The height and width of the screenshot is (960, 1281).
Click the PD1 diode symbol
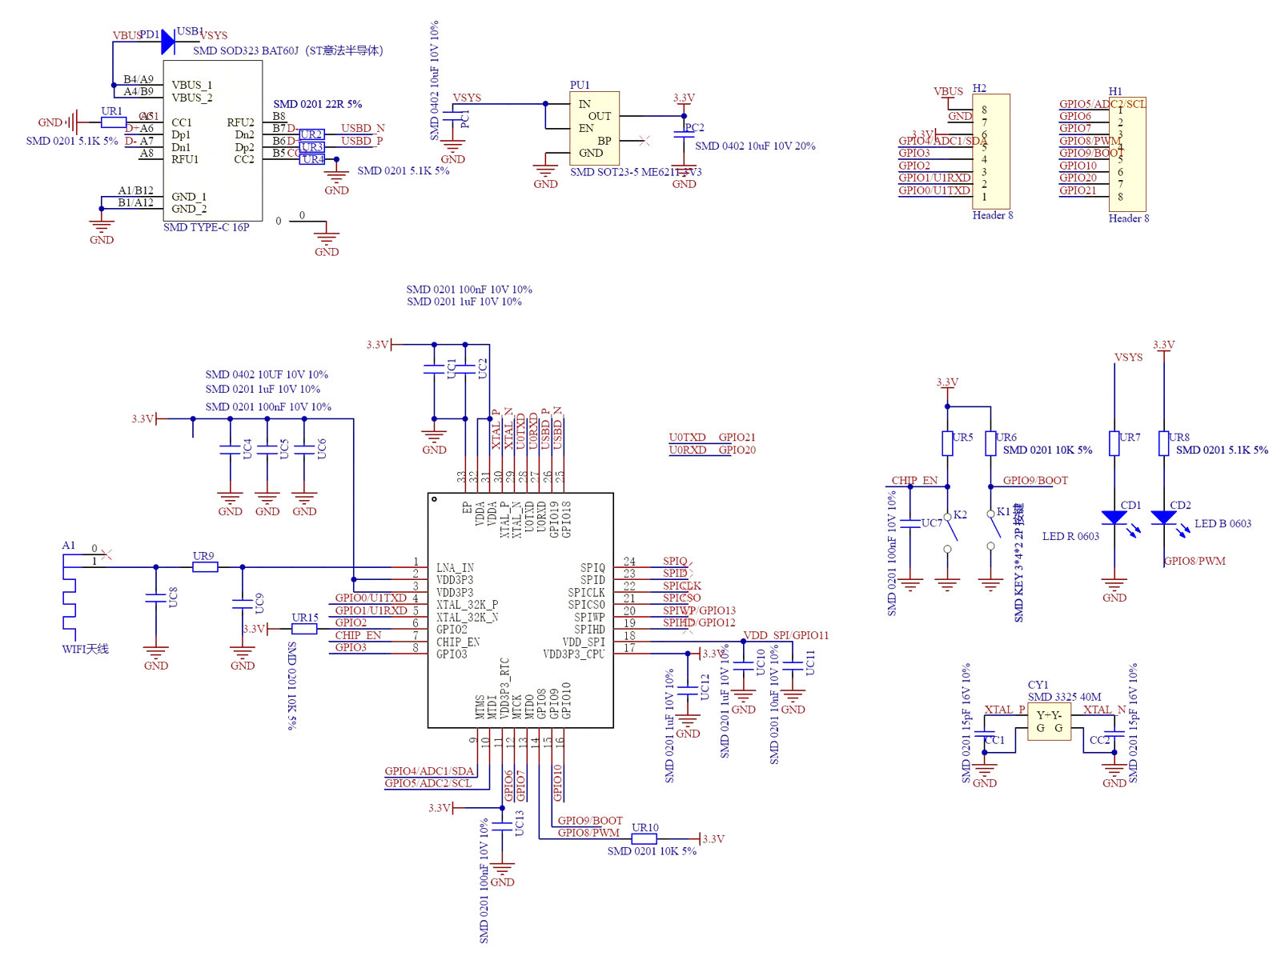[x=167, y=42]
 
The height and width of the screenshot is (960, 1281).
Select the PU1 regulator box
[x=594, y=128]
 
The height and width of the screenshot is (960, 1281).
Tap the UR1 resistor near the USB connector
[x=113, y=122]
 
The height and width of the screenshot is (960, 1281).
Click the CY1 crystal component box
[x=1049, y=722]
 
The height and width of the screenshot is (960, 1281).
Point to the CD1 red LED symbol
[x=1114, y=518]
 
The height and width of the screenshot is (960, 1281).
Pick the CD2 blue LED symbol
[x=1163, y=518]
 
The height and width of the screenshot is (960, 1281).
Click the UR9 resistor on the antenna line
[x=205, y=567]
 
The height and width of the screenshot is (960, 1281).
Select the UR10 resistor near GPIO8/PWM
[x=645, y=839]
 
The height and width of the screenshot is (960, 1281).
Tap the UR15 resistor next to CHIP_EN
[x=304, y=629]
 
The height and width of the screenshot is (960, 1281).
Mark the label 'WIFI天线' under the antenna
[x=85, y=649]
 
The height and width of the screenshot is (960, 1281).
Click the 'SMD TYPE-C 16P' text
[x=206, y=227]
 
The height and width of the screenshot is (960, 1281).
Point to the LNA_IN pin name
[x=455, y=567]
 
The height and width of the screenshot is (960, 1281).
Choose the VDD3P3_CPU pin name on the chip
[x=574, y=654]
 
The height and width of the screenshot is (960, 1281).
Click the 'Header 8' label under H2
[x=993, y=215]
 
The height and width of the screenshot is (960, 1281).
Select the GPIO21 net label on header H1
[x=1078, y=190]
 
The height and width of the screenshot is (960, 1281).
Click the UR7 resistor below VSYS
[x=1114, y=443]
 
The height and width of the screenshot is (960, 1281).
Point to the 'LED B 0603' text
[x=1223, y=524]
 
